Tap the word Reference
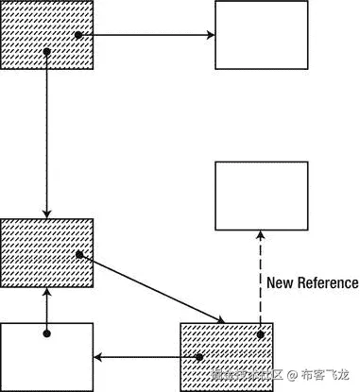(326, 281)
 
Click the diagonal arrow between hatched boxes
(151, 285)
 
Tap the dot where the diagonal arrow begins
(80, 254)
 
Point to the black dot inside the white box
(47, 333)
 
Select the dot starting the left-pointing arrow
(201, 357)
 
